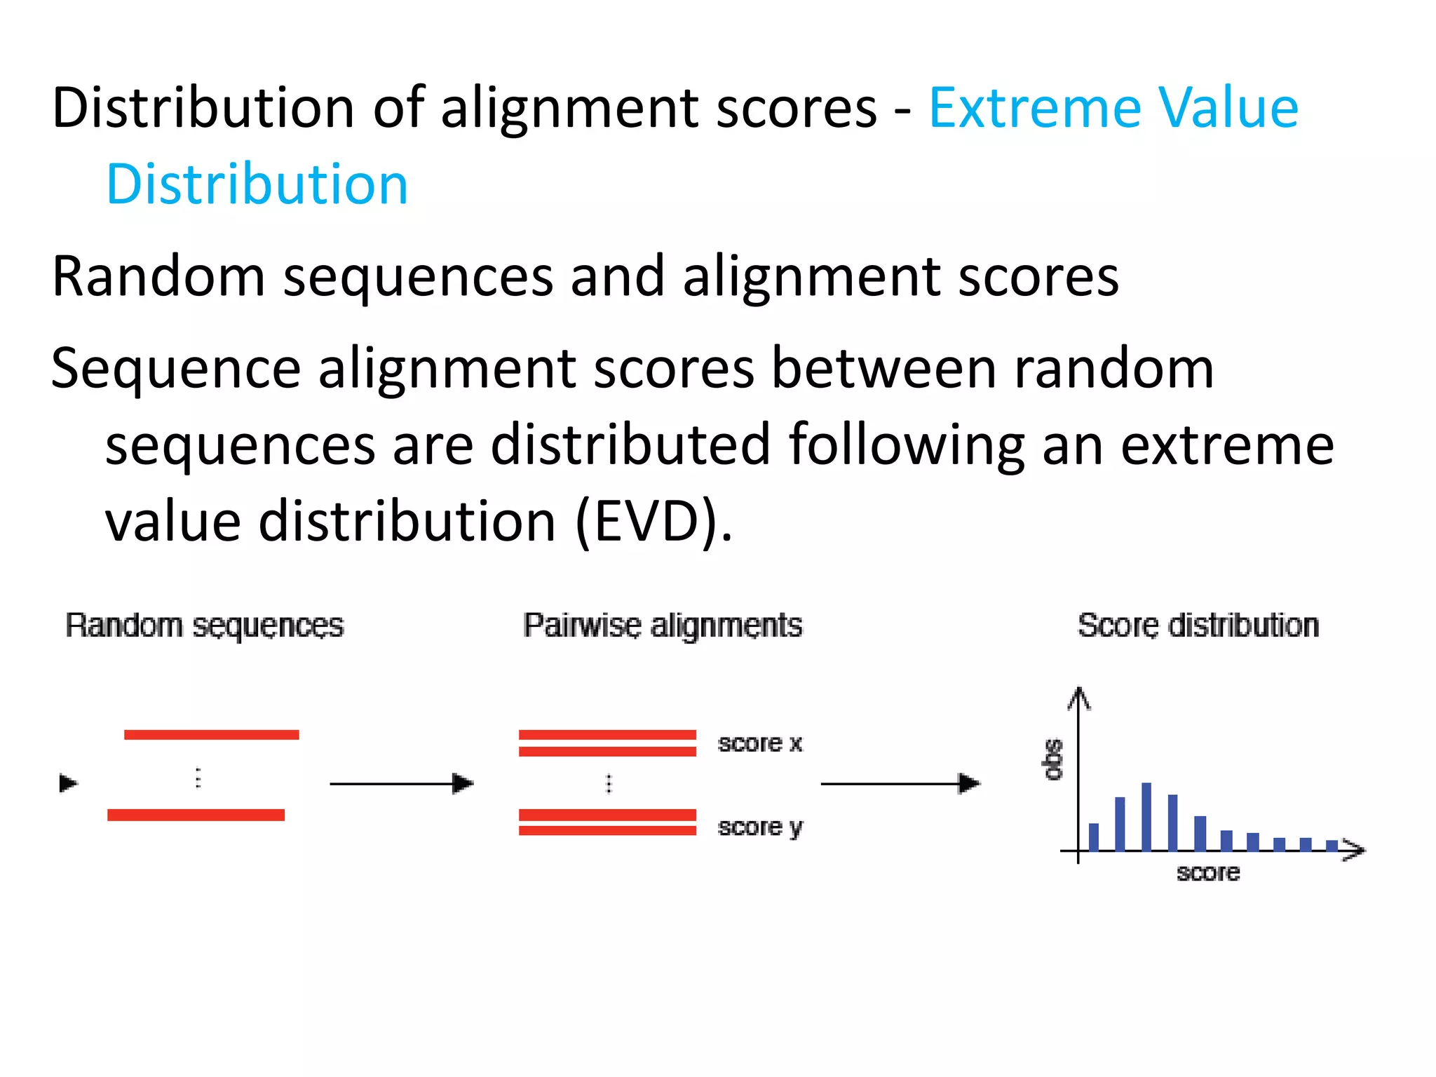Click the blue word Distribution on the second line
[x=257, y=184]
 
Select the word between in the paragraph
[x=883, y=370]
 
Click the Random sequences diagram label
[x=204, y=625]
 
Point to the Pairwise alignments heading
[x=662, y=625]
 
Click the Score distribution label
[x=1198, y=625]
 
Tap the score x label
[x=759, y=743]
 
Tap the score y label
[x=759, y=827]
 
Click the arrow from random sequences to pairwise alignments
[x=402, y=783]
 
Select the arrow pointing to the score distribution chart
[x=900, y=783]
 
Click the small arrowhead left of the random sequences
[x=68, y=783]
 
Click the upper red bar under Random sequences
[x=211, y=735]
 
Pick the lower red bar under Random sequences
[x=196, y=815]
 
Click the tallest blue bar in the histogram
[x=1146, y=817]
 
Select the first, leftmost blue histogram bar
[x=1093, y=836]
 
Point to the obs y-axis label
[x=1052, y=759]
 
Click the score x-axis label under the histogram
[x=1207, y=873]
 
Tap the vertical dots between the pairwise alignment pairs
[x=609, y=783]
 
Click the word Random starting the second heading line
[x=158, y=277]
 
